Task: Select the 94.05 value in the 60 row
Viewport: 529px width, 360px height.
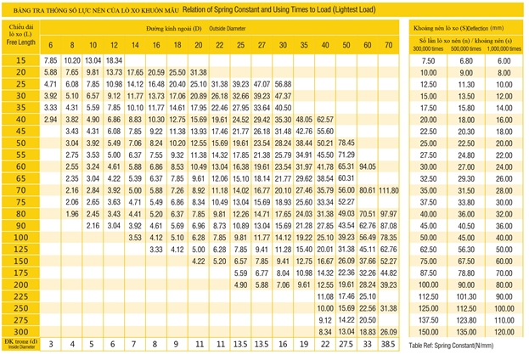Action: coord(368,166)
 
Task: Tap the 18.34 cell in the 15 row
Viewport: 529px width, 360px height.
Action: coord(115,60)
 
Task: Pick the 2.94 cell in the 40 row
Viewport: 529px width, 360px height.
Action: coord(50,120)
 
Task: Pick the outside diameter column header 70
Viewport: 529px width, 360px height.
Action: coord(389,44)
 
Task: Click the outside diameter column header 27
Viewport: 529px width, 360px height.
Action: coord(262,44)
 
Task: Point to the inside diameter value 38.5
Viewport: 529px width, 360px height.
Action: coord(389,344)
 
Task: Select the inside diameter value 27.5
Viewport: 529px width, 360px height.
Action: coord(346,344)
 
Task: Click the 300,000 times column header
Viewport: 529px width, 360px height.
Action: coord(429,47)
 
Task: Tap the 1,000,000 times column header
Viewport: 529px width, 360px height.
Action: coord(504,47)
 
